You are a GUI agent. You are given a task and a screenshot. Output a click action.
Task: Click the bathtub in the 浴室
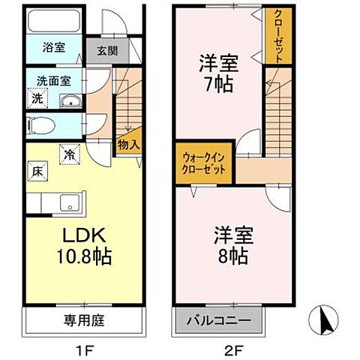[54, 21]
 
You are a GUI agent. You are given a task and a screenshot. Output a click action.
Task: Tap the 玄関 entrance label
[107, 51]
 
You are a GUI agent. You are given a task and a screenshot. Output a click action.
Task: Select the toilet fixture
[40, 125]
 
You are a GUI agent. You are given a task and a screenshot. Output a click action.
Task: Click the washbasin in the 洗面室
[71, 101]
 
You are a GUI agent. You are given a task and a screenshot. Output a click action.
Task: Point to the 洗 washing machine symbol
[37, 98]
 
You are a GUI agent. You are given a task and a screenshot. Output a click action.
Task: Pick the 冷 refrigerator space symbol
[70, 154]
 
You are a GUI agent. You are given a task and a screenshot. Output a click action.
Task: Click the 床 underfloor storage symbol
[37, 171]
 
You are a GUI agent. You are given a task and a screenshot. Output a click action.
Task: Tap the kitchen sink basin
[70, 202]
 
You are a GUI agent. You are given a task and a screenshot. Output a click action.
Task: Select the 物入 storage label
[129, 145]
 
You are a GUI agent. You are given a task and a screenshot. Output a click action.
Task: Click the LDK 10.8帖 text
[84, 246]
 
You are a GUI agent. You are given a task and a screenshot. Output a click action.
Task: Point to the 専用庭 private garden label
[84, 320]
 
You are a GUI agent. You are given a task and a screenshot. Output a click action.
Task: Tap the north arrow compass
[323, 320]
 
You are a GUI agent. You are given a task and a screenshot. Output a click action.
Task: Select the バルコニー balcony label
[219, 320]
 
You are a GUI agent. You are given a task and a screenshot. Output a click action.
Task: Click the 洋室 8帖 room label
[233, 245]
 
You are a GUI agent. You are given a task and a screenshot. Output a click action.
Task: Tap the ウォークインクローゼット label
[204, 163]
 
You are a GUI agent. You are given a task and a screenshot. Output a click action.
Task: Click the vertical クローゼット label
[278, 36]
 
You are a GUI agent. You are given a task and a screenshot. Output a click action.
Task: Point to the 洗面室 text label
[54, 81]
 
